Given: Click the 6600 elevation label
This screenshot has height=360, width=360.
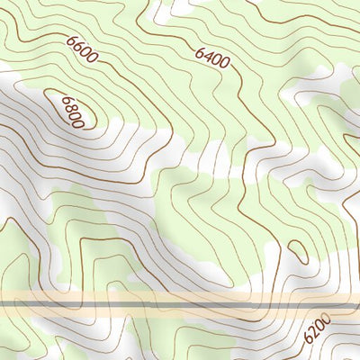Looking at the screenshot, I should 81,49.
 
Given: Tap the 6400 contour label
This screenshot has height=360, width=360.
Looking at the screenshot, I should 212,57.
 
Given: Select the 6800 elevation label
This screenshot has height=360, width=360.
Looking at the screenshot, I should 72,114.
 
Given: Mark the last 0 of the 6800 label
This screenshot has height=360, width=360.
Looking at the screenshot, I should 79,124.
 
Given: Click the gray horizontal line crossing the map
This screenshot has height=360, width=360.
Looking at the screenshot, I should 180,305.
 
